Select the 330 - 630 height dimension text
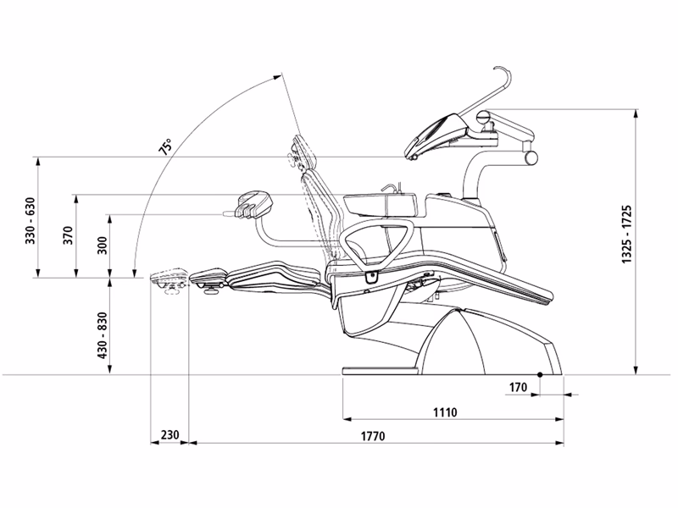pyautogui.click(x=31, y=222)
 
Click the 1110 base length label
pyautogui.click(x=444, y=412)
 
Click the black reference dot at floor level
pyautogui.click(x=540, y=374)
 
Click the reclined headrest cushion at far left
pyautogui.click(x=169, y=278)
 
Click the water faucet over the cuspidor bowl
pyautogui.click(x=392, y=187)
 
